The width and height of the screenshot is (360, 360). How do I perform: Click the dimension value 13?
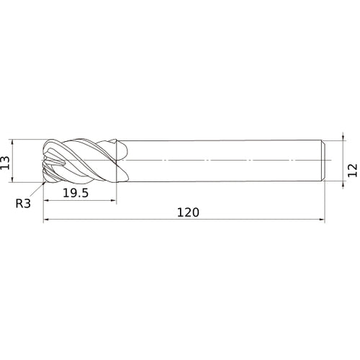click(5, 163)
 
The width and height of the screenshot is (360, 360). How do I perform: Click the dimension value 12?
click(353, 170)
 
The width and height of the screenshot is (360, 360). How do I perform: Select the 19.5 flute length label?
click(76, 193)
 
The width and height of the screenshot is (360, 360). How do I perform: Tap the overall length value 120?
click(188, 212)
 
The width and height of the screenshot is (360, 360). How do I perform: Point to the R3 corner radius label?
click(23, 204)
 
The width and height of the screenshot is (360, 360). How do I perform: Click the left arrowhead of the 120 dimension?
click(46, 219)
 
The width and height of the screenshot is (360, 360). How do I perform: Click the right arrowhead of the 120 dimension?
click(322, 219)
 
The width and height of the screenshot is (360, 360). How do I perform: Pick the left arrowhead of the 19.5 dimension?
click(46, 200)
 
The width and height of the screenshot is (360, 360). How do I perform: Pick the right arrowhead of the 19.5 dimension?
click(114, 200)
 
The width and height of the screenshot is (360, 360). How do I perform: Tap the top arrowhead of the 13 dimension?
click(12, 142)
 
